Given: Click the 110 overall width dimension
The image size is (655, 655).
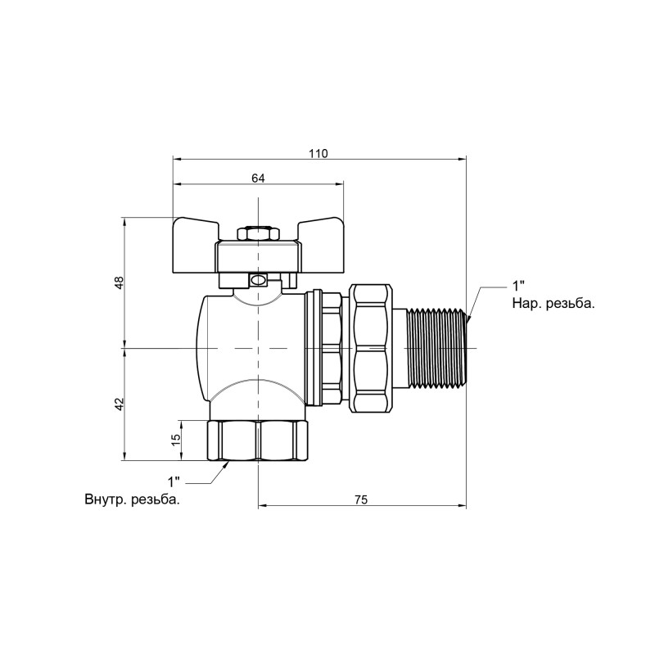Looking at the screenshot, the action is [x=318, y=154].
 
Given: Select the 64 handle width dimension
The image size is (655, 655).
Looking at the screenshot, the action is [x=258, y=178].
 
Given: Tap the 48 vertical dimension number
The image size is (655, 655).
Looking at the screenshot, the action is [x=120, y=282].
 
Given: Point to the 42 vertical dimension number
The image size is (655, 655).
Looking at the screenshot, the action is [x=120, y=404].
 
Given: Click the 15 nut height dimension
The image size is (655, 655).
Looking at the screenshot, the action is [x=176, y=439].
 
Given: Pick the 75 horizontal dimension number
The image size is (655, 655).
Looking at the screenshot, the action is [x=361, y=499].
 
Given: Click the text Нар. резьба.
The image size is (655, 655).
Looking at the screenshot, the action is [x=553, y=304].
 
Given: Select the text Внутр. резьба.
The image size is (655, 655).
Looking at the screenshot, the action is [x=133, y=499].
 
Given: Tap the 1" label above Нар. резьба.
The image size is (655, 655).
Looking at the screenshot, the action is [x=518, y=286].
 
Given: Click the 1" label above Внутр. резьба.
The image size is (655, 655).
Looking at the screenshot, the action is [x=174, y=481].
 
